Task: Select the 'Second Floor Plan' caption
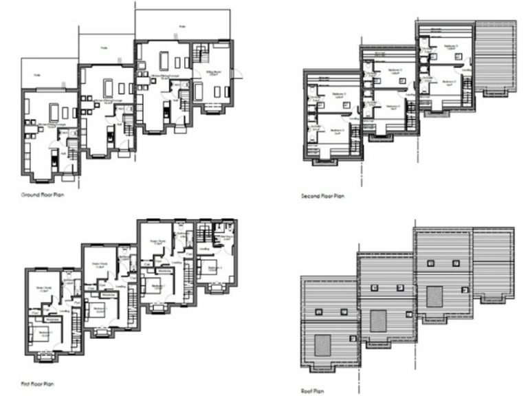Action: (x=322, y=196)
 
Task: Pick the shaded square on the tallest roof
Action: (x=435, y=296)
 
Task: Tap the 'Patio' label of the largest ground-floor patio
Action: (x=182, y=28)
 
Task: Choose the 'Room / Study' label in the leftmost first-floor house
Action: (x=43, y=289)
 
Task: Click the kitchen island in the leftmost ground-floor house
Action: (x=54, y=112)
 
